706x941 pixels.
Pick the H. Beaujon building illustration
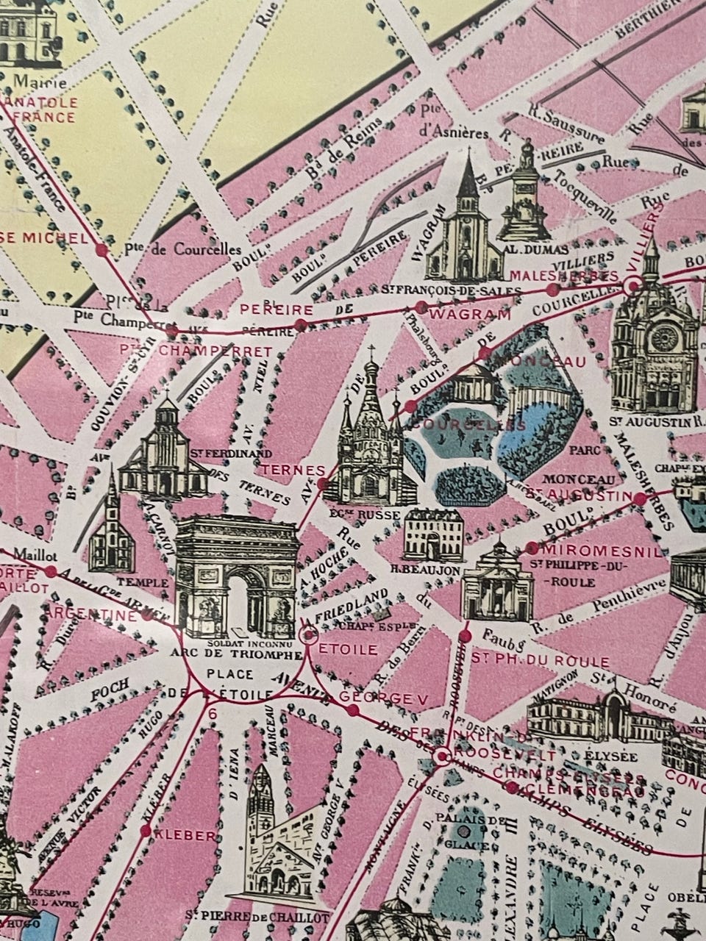[434, 534]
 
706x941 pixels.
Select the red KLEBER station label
[189, 836]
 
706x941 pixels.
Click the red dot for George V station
[352, 710]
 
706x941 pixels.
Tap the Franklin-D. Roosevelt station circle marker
[442, 756]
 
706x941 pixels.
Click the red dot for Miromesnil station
[531, 548]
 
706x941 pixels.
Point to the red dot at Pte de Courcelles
[101, 250]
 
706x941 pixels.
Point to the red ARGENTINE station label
[91, 614]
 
